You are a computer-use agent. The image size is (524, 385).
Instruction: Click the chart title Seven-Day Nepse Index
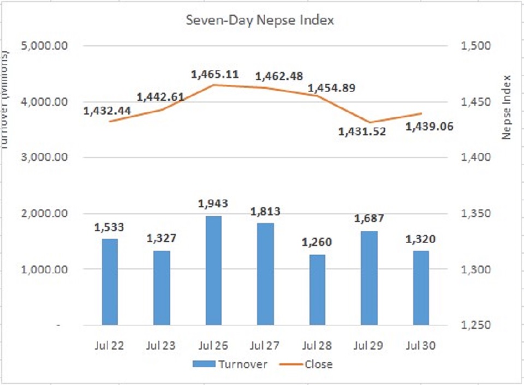pos(259,21)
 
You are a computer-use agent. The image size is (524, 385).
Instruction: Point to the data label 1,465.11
pos(215,74)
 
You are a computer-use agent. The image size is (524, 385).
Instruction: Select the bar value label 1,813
pos(266,212)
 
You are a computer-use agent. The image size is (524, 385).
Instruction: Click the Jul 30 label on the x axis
pos(421,345)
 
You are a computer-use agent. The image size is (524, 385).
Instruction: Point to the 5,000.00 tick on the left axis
pos(44,46)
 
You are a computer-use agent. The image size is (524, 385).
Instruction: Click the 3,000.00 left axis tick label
pos(44,158)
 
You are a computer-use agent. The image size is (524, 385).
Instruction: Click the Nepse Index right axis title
pos(507,106)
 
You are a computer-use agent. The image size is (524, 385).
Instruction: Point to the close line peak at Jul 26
pos(215,85)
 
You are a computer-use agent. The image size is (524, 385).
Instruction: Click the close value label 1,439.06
pos(430,127)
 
